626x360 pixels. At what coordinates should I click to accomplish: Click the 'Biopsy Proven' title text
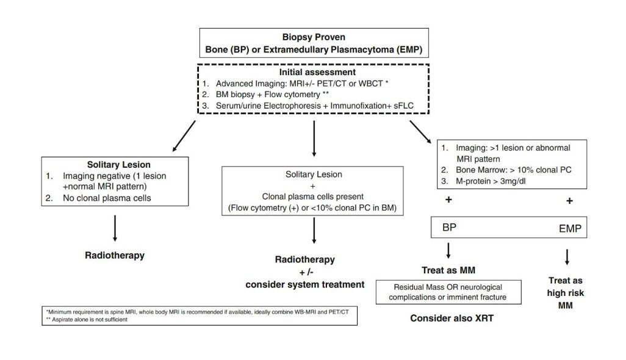click(312, 37)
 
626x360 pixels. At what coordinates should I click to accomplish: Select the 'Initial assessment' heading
click(312, 71)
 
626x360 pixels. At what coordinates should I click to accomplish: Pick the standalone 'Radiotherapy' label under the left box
click(115, 255)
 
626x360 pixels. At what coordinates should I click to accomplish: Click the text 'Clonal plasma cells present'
click(314, 197)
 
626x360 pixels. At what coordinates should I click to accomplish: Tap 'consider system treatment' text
click(314, 284)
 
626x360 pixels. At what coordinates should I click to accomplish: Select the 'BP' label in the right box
click(448, 229)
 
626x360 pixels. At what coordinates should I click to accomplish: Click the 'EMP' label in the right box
click(572, 231)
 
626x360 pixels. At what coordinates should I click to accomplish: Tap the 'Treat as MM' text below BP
click(448, 270)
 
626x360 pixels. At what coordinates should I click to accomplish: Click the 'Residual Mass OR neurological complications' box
click(448, 292)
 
